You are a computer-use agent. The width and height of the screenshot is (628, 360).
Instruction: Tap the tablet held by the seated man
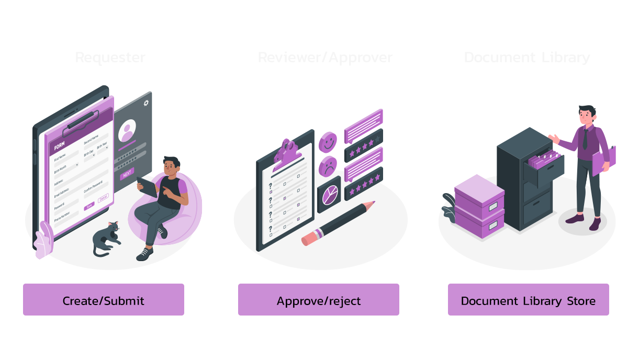click(148, 186)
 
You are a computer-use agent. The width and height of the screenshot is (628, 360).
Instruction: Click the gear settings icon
click(146, 103)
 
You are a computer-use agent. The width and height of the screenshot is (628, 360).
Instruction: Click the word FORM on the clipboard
click(60, 147)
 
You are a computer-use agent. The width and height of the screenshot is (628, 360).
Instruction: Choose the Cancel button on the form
click(103, 198)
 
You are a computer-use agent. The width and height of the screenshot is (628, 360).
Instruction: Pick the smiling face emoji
click(328, 141)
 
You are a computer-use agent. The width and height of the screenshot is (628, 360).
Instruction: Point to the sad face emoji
click(328, 166)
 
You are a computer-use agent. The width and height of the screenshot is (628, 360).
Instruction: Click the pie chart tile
click(329, 195)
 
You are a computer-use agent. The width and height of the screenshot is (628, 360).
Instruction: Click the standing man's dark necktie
click(585, 139)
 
